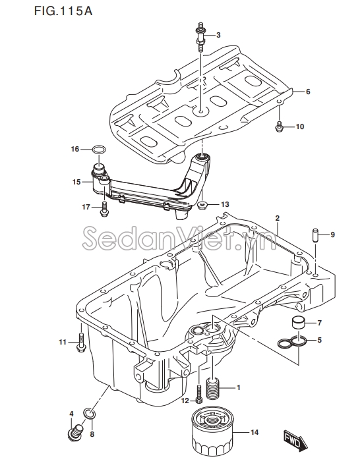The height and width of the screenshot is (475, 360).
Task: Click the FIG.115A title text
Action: pyautogui.click(x=63, y=11)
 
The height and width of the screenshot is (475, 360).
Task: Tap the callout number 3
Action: pyautogui.click(x=218, y=35)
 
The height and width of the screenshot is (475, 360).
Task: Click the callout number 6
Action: pyautogui.click(x=308, y=92)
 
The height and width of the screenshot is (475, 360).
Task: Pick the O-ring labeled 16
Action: pyautogui.click(x=99, y=150)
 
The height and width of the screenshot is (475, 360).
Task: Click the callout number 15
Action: pyautogui.click(x=76, y=182)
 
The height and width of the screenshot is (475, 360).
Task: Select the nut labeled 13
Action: pyautogui.click(x=201, y=206)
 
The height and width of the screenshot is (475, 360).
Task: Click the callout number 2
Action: pyautogui.click(x=277, y=218)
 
